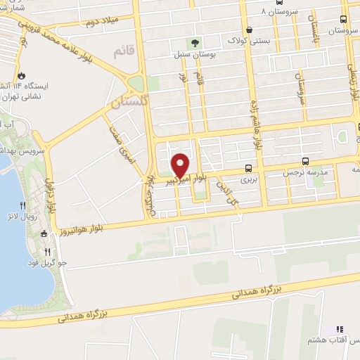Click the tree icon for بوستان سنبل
[x=194, y=41]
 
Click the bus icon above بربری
[x=248, y=168]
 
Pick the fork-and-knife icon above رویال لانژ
[x=23, y=205]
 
